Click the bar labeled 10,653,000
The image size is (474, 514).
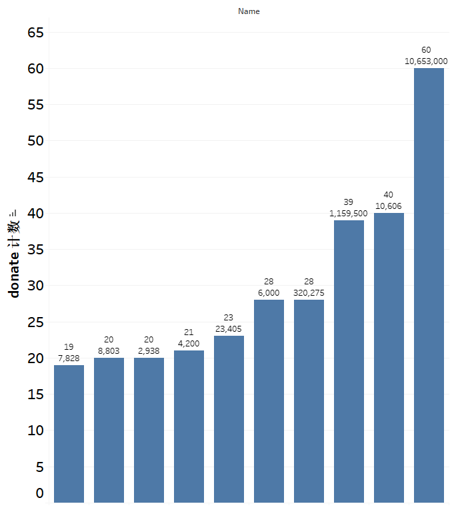point(429,285)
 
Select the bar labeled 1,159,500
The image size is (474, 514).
point(349,361)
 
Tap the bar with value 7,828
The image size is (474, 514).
point(69,434)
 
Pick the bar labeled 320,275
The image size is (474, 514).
point(309,401)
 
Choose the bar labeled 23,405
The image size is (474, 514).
point(229,419)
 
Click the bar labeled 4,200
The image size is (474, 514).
point(189,427)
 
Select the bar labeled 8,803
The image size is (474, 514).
point(109,430)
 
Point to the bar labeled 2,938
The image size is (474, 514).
point(149,430)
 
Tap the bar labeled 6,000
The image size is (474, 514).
point(269,401)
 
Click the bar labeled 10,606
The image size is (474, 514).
point(389,358)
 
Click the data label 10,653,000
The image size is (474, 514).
point(426,61)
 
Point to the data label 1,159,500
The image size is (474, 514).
point(348,214)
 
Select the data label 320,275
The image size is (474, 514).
point(309,293)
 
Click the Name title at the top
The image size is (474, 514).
point(249,11)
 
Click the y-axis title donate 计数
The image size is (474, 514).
point(14,259)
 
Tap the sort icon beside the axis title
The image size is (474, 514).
point(13,213)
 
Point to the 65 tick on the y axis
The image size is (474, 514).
point(35,33)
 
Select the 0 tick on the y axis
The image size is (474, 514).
point(39,493)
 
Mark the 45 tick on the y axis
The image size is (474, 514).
point(35,178)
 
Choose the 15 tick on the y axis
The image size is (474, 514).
point(35,394)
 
